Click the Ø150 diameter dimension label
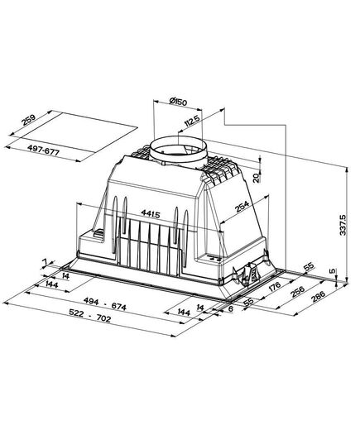click(178, 101)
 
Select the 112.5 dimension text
click(192, 121)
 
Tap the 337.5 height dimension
click(343, 225)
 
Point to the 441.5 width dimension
click(151, 214)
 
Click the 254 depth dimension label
click(242, 207)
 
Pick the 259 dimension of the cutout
click(29, 120)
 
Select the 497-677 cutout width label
click(43, 150)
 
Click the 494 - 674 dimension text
click(105, 303)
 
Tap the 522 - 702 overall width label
click(90, 315)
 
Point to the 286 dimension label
click(318, 297)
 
